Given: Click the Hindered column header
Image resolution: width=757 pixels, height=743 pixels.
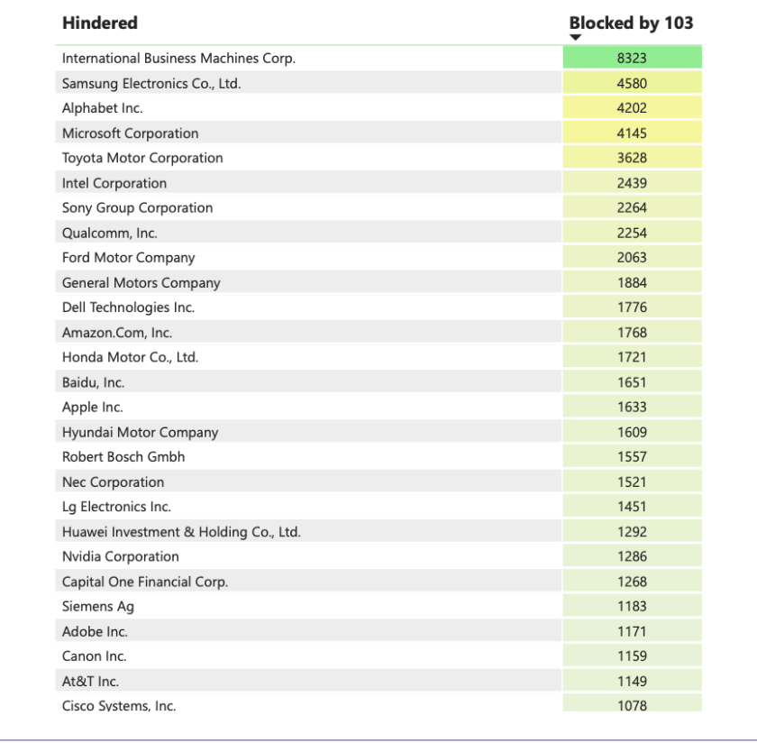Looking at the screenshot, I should [100, 23].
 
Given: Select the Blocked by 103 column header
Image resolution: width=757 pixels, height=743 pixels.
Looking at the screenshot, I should [631, 23].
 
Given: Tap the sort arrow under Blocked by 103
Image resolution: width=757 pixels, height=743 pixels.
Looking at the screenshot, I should [576, 38].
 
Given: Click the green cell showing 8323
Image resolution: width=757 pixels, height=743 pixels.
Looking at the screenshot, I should [632, 58].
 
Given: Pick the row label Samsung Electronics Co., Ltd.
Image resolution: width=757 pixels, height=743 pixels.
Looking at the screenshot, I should [151, 83].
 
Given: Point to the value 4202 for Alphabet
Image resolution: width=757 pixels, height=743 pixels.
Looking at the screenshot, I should [632, 108].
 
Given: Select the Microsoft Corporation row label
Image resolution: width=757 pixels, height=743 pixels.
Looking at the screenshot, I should [130, 133].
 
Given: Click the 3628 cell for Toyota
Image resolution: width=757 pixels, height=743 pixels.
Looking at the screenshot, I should [632, 158].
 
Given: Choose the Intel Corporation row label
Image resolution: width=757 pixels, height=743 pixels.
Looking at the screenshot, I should [114, 183].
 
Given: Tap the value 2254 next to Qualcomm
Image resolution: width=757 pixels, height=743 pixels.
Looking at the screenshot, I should [632, 233].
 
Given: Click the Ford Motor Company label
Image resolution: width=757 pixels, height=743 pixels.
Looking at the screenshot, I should [128, 258].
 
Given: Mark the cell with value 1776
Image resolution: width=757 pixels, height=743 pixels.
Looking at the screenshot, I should [632, 307].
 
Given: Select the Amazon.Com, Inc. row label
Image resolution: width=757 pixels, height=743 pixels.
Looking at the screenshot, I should [117, 333].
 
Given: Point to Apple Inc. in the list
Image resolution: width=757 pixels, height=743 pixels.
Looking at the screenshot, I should [93, 407].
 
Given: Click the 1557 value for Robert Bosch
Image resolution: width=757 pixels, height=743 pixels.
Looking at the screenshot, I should [632, 457].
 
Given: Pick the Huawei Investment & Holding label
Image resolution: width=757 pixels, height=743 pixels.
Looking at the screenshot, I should [181, 532].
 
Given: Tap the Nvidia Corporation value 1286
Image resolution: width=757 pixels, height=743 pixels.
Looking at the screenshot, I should [632, 556].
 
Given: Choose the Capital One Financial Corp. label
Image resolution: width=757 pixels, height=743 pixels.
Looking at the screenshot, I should [145, 582].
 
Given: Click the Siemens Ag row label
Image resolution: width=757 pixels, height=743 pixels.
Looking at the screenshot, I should [98, 607].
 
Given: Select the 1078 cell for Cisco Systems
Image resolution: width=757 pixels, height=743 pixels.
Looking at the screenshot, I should [632, 705].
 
